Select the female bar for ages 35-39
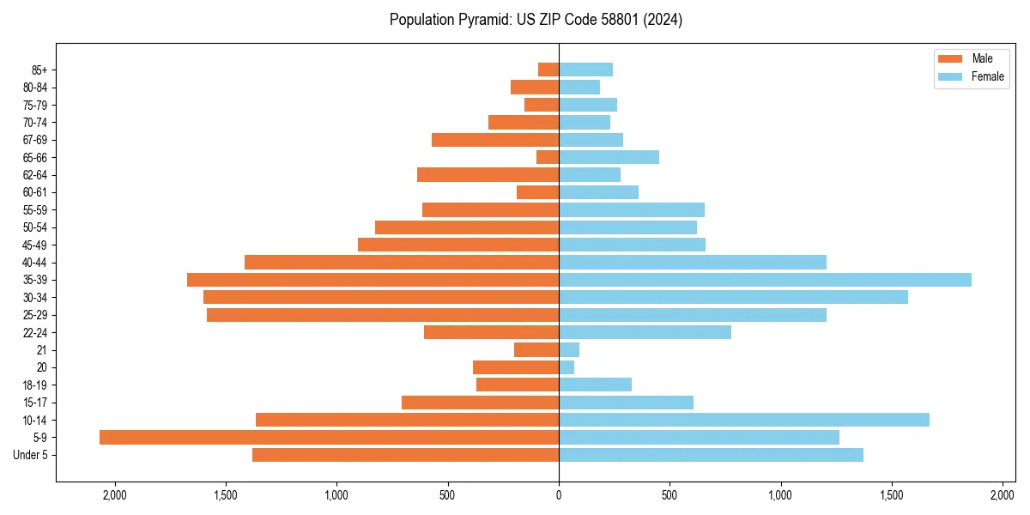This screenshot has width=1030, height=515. coord(765,280)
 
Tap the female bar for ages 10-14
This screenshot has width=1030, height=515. coord(744,420)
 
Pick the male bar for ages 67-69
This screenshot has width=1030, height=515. coord(495,140)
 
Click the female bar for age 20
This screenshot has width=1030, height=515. coord(566,367)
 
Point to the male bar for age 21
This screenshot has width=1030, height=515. coord(536,349)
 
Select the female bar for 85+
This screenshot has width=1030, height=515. coord(585,70)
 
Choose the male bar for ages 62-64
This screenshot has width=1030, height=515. coord(488,175)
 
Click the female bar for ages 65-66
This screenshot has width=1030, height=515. coord(609,157)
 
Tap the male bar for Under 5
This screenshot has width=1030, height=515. coord(405,455)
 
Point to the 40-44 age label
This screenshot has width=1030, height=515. coord(34,263)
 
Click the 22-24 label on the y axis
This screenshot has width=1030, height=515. coord(34,332)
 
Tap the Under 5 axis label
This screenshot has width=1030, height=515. coord(31,455)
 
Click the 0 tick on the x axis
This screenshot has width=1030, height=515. coord(559,494)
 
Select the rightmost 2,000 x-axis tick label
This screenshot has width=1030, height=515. coord(1003,494)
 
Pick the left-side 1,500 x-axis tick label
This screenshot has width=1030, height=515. coord(225,494)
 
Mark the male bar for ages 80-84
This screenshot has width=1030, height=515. coord(535,87)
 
